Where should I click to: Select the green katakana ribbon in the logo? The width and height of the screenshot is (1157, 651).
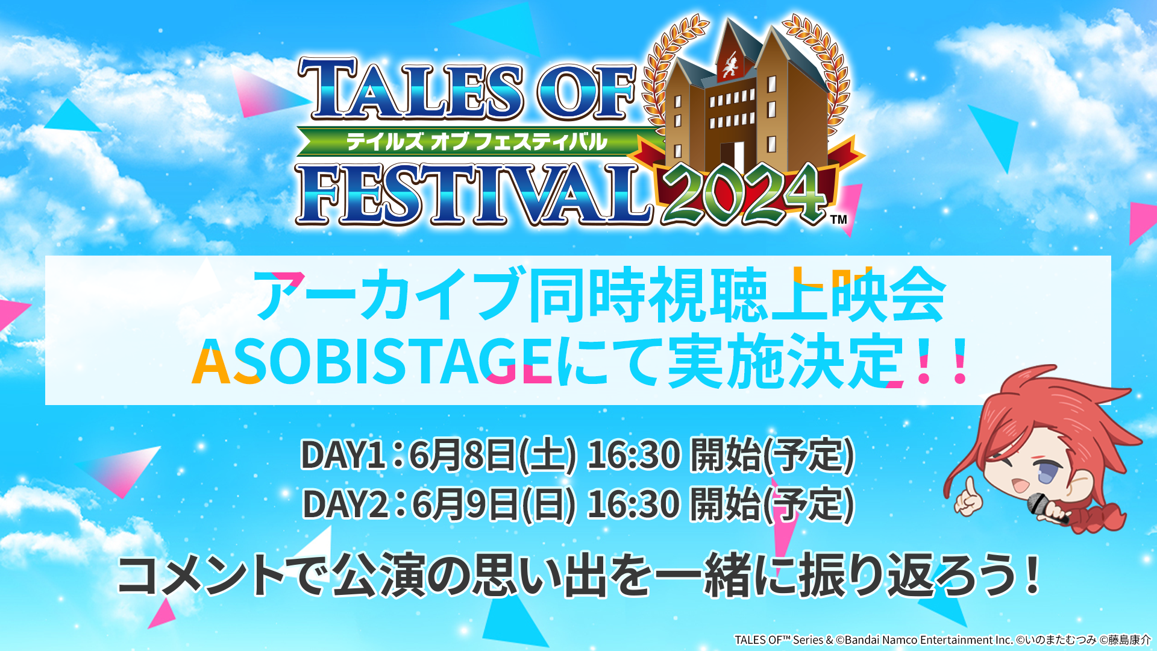(476, 142)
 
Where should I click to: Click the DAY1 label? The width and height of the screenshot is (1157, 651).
(343, 454)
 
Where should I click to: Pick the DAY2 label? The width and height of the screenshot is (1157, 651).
(345, 504)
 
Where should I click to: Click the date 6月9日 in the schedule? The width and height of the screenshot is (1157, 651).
(465, 504)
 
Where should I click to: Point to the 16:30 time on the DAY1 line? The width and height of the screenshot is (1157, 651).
(634, 454)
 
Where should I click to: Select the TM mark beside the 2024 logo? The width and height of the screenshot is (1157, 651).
(839, 219)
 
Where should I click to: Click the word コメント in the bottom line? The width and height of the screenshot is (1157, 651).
(201, 575)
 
